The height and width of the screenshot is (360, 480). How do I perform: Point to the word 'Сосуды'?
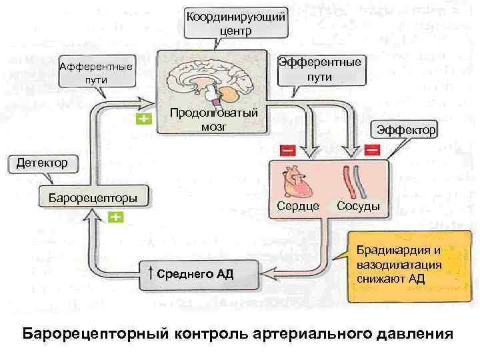358,207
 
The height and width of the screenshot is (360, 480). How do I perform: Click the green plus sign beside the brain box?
144,119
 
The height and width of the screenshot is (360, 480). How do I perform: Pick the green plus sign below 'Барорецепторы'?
115,218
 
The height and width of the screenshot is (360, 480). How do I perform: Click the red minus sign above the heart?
288,150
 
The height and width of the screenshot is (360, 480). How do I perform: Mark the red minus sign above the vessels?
372,150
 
